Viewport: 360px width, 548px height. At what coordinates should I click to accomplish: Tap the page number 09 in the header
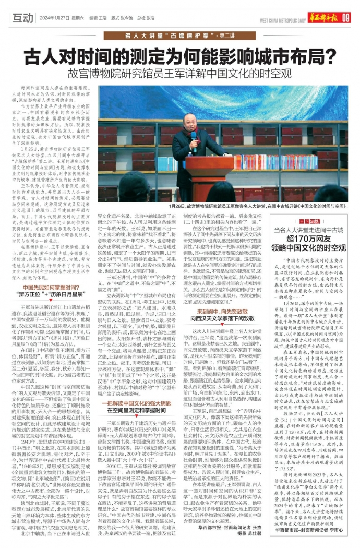point(346,19)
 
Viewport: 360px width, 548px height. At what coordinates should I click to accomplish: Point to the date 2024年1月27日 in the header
point(54,18)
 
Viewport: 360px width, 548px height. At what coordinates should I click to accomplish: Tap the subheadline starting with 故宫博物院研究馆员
point(179,73)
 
